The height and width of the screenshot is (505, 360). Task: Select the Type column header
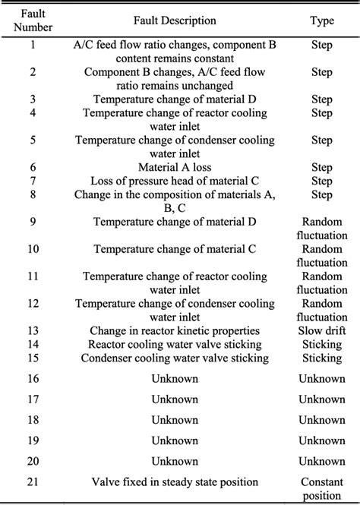tap(321, 21)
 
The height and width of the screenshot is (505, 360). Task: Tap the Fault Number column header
tap(32, 21)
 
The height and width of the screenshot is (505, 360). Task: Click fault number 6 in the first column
tap(32, 166)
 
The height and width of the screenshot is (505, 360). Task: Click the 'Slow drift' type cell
tap(321, 330)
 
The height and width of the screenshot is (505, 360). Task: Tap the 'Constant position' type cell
tap(321, 488)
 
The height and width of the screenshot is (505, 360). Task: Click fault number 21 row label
tap(32, 481)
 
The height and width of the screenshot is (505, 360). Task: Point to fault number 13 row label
tap(32, 330)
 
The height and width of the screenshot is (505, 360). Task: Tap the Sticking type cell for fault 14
tap(321, 344)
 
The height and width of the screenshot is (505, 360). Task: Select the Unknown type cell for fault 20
tap(321, 460)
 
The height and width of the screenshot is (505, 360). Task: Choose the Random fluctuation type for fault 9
tap(321, 227)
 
